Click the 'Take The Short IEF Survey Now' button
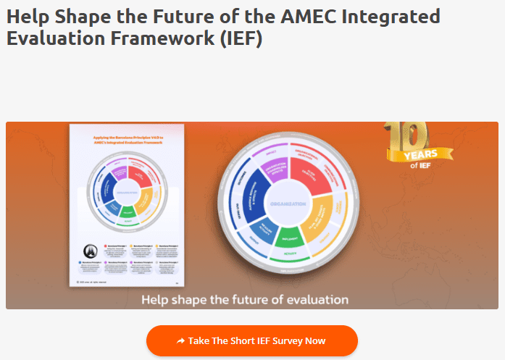(x=252, y=340)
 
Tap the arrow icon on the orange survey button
(x=180, y=340)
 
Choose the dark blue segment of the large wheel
(x=250, y=196)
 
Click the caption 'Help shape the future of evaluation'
(x=245, y=299)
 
